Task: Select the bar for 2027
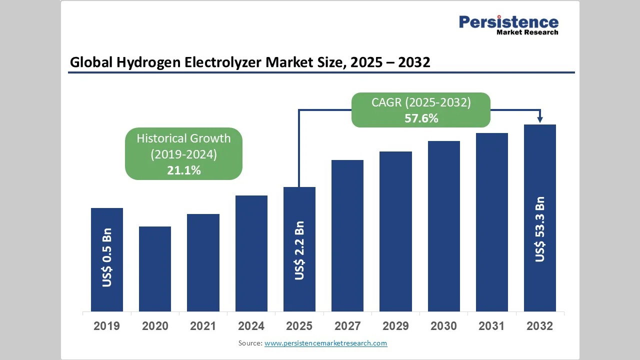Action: (347, 235)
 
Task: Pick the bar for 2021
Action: (203, 262)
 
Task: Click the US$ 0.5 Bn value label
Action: (107, 257)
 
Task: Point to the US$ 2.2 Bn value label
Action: (299, 250)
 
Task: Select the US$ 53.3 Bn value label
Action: (540, 229)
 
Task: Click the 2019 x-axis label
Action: (107, 326)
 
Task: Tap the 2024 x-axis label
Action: (251, 326)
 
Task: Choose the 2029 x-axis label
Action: (395, 326)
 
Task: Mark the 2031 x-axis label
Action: (491, 326)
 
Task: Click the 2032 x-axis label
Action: (540, 326)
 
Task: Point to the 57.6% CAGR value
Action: (421, 118)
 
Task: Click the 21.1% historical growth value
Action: (183, 170)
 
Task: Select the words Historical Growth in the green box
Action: (183, 138)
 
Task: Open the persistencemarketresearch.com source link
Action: (325, 343)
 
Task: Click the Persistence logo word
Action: (508, 22)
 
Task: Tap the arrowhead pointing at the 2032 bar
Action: (540, 119)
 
